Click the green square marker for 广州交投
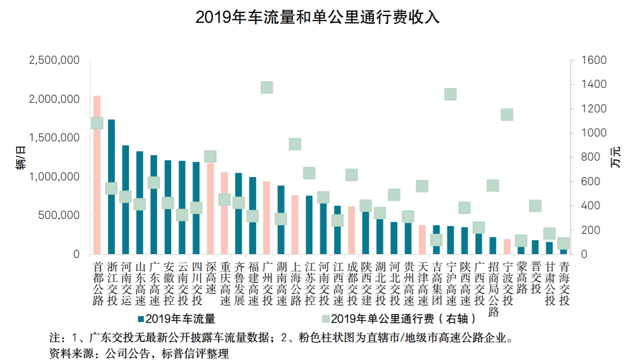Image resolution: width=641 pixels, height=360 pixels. click(266, 88)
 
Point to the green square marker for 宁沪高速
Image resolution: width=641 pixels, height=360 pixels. click(450, 95)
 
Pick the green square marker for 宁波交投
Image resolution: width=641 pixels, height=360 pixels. click(507, 114)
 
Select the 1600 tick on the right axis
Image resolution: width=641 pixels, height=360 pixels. click(595, 60)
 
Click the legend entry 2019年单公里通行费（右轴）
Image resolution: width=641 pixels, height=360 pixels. click(399, 319)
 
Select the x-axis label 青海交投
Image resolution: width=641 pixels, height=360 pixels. click(563, 283)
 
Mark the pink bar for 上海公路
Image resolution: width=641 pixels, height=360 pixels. click(295, 225)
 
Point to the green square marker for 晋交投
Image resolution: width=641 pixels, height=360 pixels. click(535, 206)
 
